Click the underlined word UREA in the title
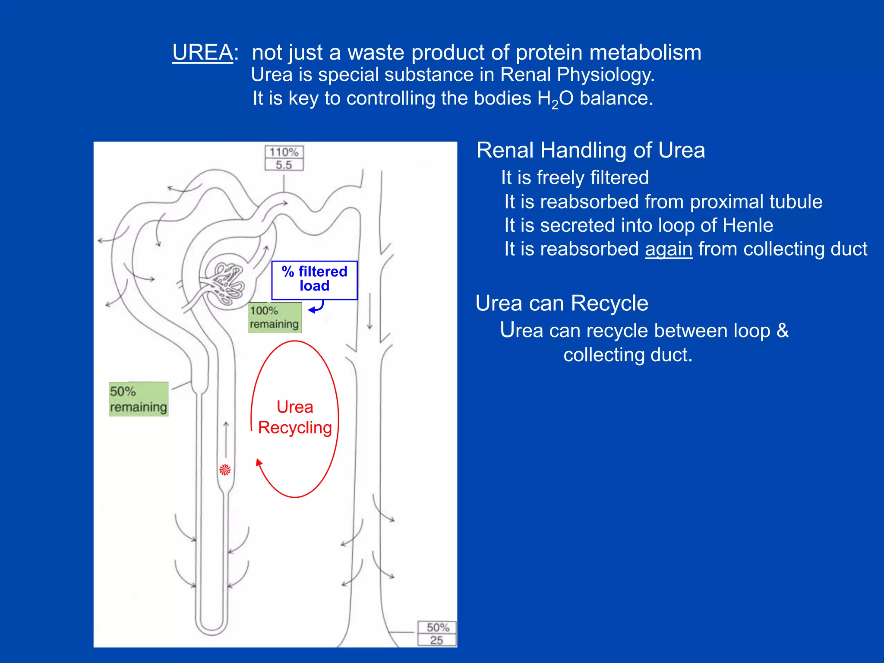click(x=202, y=53)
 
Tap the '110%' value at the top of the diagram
click(x=284, y=152)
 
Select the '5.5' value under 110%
click(x=284, y=165)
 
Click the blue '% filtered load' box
click(x=314, y=279)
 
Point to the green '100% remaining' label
click(x=275, y=317)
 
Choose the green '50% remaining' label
click(x=138, y=399)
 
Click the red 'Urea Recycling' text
click(x=295, y=417)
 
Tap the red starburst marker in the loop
click(x=225, y=470)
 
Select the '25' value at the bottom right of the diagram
click(x=436, y=640)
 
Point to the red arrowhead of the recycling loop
click(x=259, y=462)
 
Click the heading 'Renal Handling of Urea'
click(x=590, y=151)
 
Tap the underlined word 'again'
click(x=669, y=249)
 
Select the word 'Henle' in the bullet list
click(x=748, y=225)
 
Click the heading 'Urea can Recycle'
click(x=562, y=303)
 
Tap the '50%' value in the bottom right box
click(x=438, y=627)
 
